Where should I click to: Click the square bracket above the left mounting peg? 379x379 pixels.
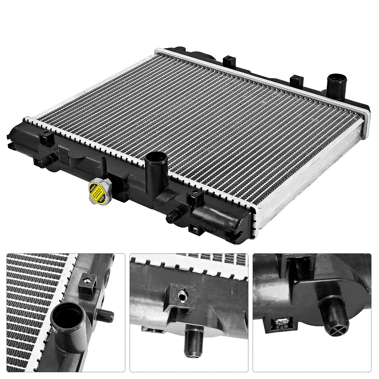click(47, 138)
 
